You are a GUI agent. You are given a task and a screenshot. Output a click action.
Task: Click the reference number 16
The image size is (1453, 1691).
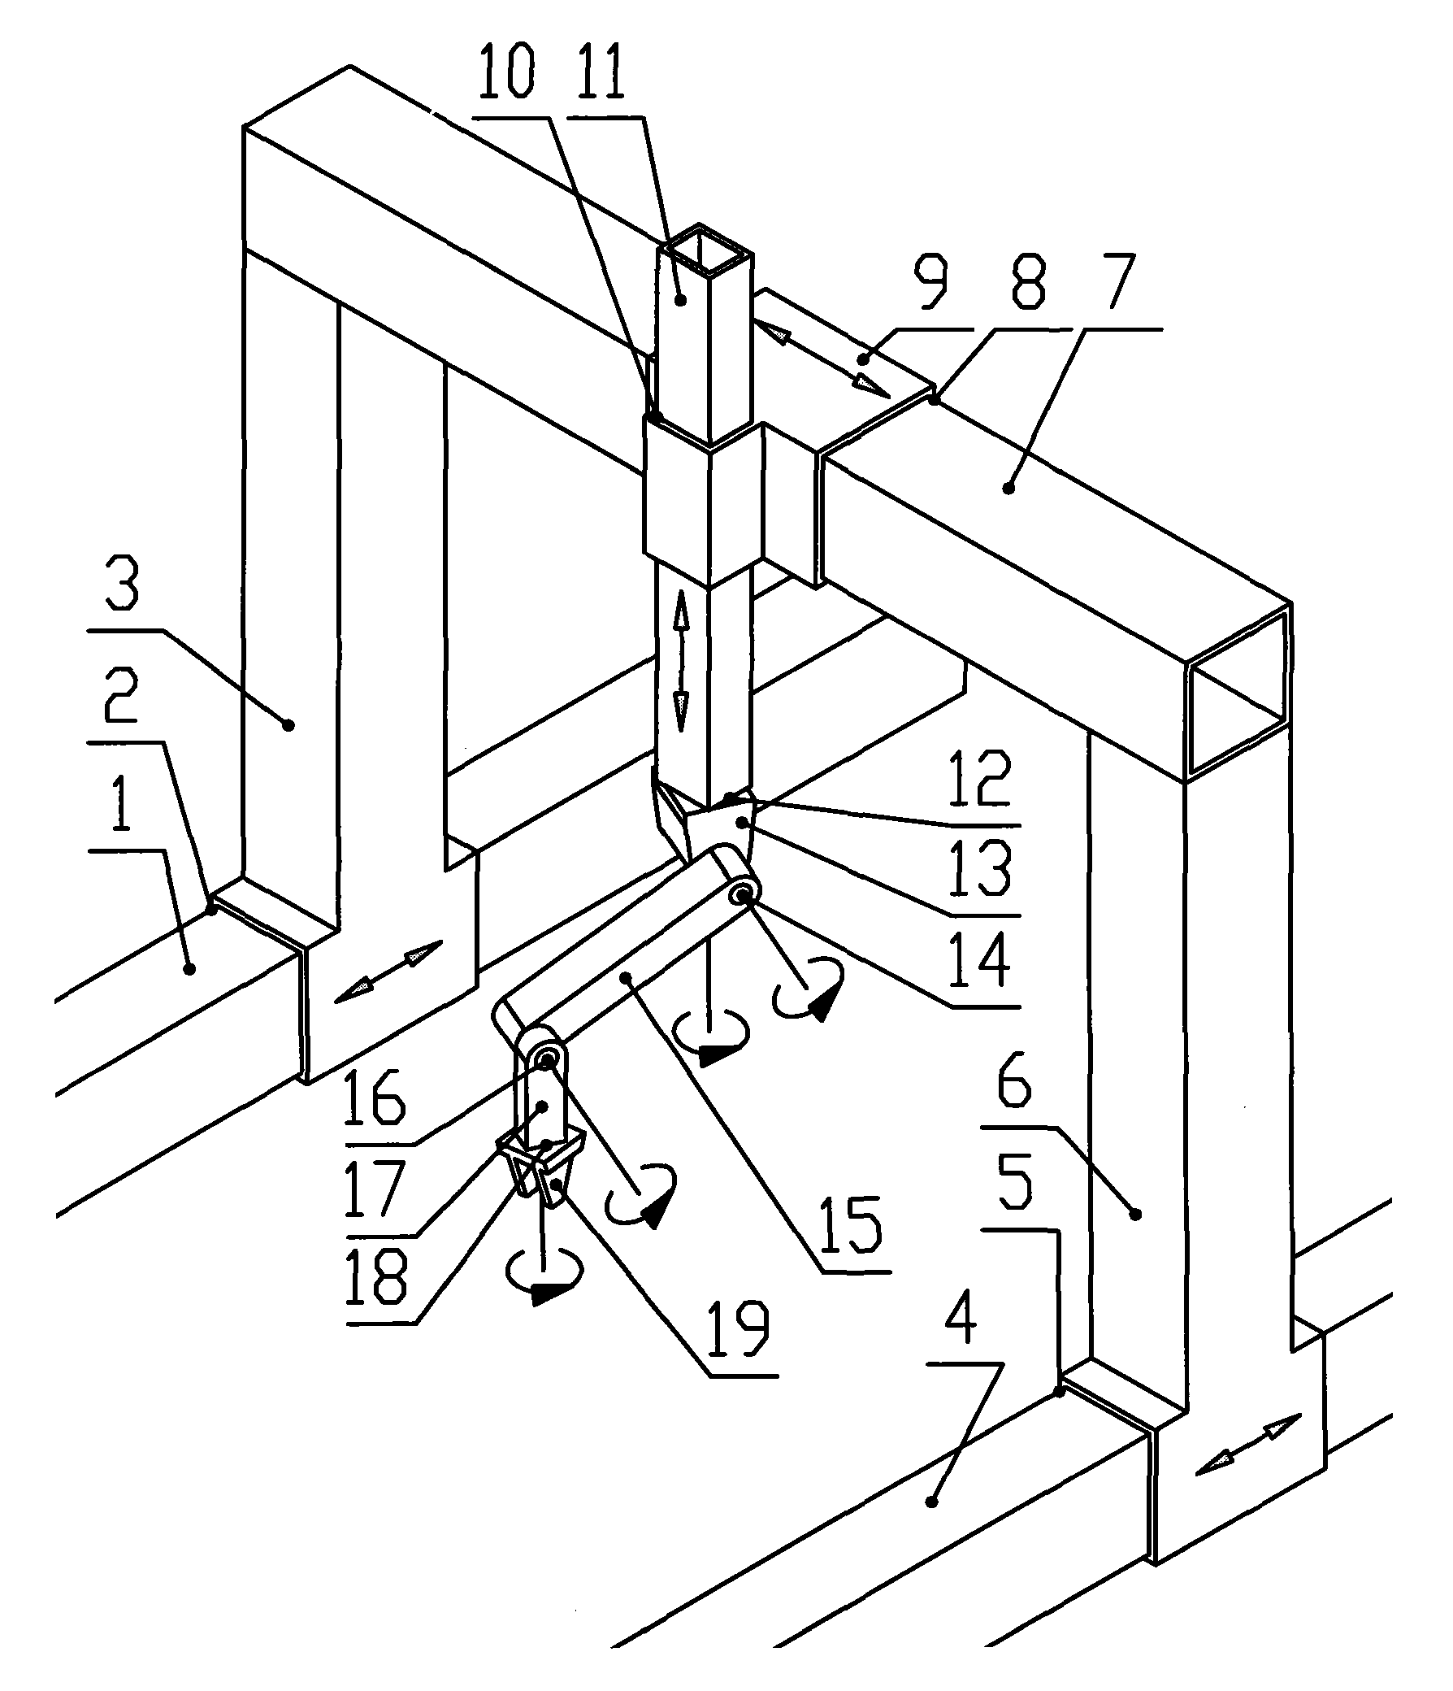(x=375, y=1098)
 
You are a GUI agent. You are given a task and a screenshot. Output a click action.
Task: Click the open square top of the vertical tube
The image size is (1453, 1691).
(x=705, y=252)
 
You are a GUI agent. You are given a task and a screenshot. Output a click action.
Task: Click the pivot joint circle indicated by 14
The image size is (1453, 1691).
(x=743, y=895)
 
